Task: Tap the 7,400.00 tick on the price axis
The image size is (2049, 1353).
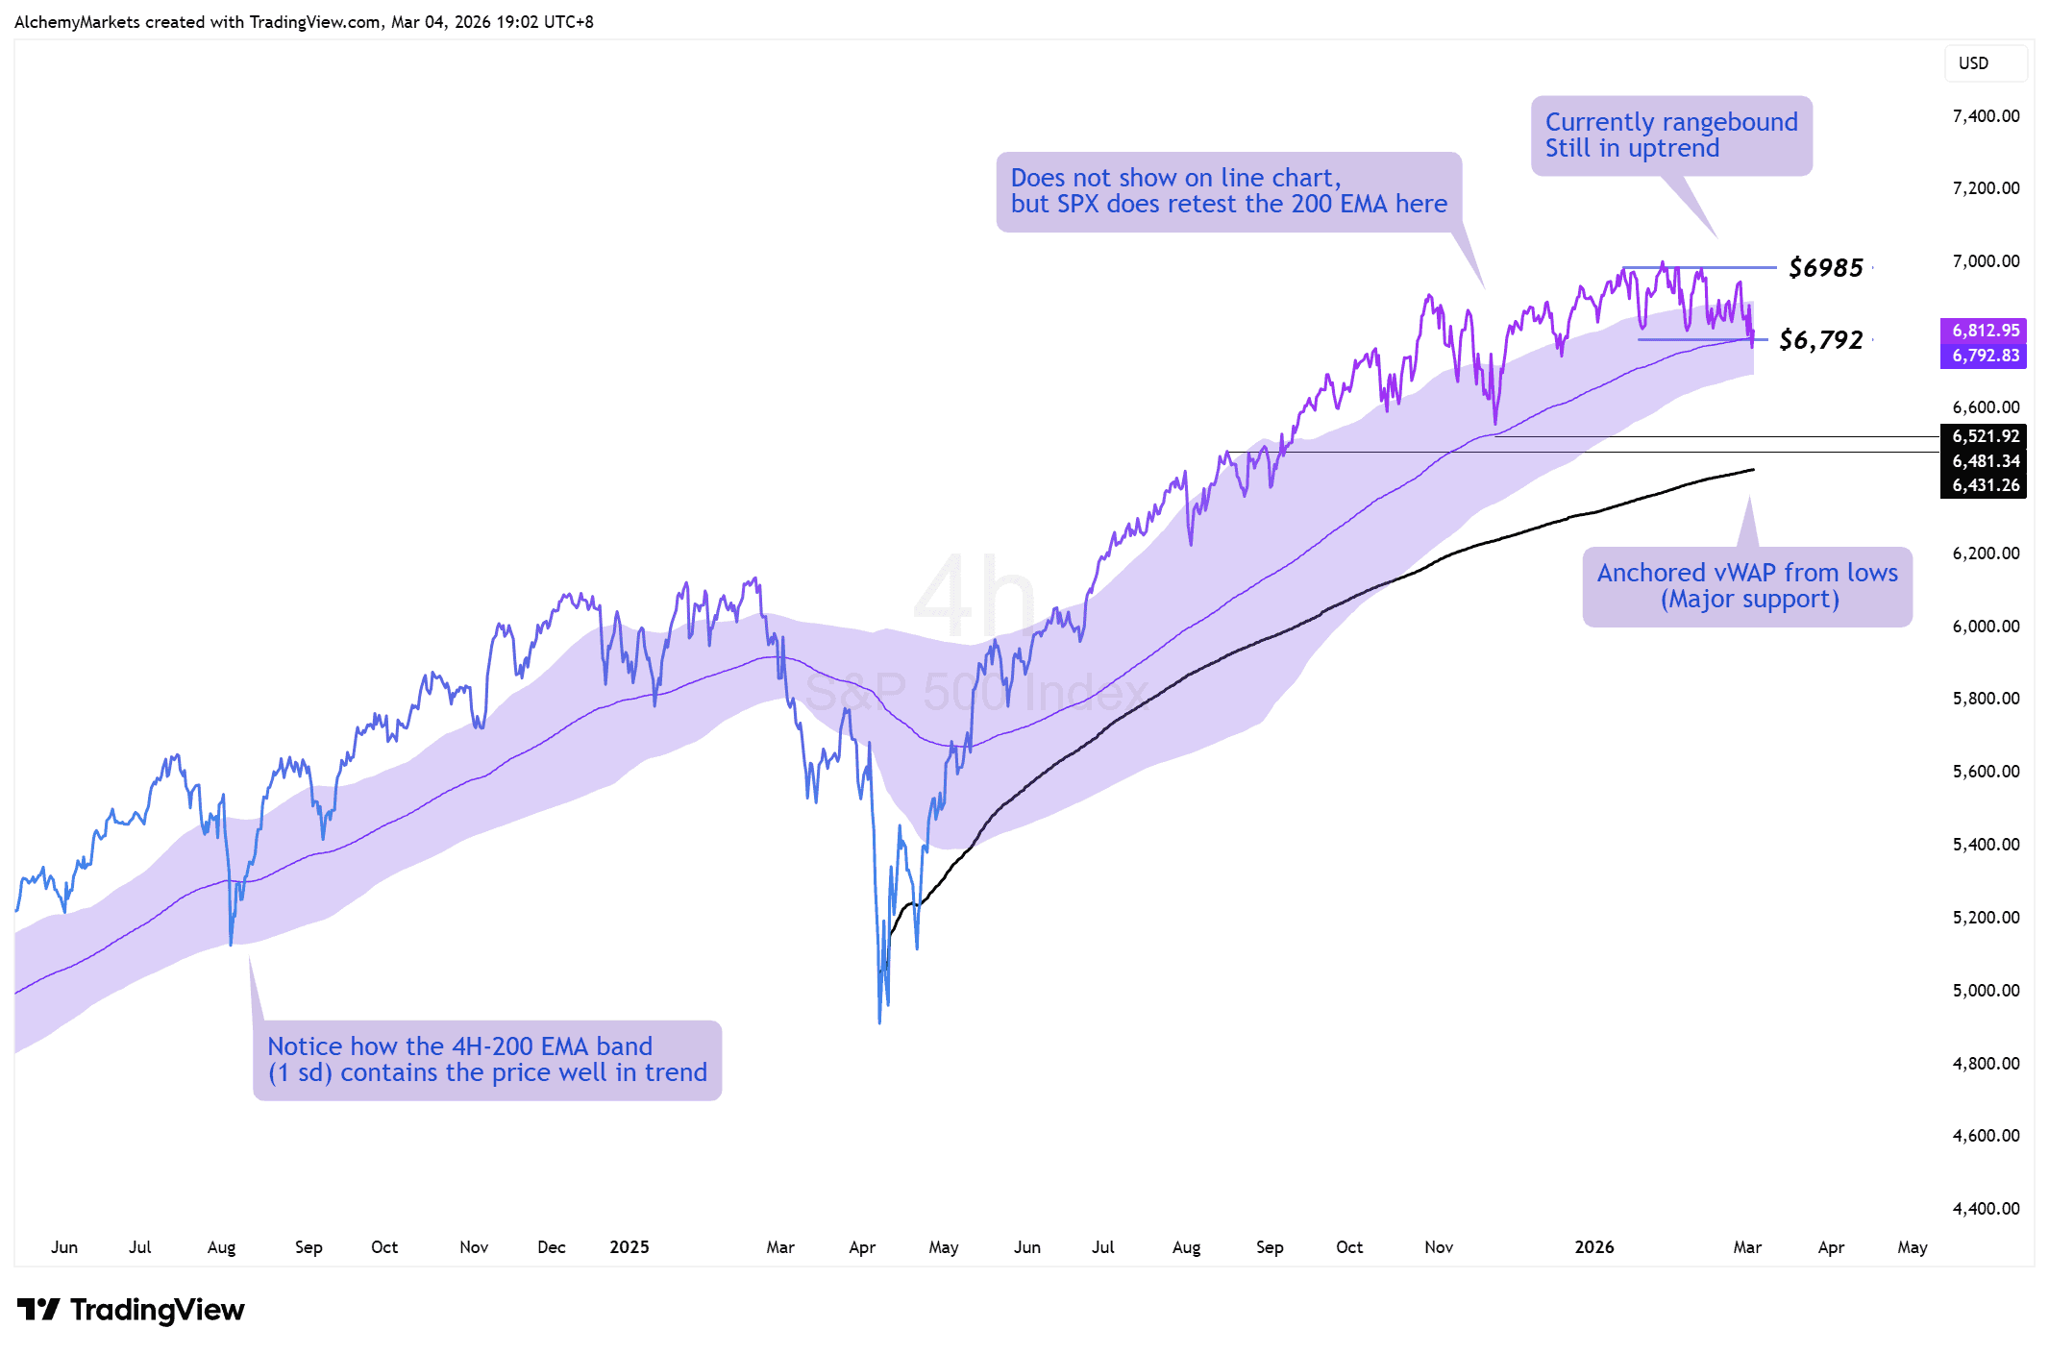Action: click(1986, 116)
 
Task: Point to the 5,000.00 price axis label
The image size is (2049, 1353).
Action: click(1986, 990)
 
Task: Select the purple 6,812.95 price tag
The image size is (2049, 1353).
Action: click(1984, 331)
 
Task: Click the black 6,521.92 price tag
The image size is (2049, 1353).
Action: click(1984, 436)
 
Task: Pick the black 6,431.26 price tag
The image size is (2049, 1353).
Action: click(1984, 485)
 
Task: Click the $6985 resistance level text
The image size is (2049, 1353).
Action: click(1825, 268)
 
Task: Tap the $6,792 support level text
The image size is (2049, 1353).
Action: click(1820, 340)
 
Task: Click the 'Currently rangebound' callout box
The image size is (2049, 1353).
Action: click(1671, 135)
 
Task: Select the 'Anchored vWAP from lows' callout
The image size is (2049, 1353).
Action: click(1747, 586)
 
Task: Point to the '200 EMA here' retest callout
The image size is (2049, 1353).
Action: click(1228, 191)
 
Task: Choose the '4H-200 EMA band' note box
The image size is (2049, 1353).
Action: click(487, 1060)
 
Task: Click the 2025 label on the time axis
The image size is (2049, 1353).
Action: click(630, 1247)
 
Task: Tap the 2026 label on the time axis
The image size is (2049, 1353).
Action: click(1594, 1247)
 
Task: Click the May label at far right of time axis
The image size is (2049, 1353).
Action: click(1913, 1247)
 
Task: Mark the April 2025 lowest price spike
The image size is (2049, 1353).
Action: click(879, 1021)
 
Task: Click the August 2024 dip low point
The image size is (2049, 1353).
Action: click(231, 944)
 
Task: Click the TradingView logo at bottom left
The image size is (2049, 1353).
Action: click(132, 1310)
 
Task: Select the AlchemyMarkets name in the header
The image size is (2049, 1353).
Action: click(77, 22)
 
